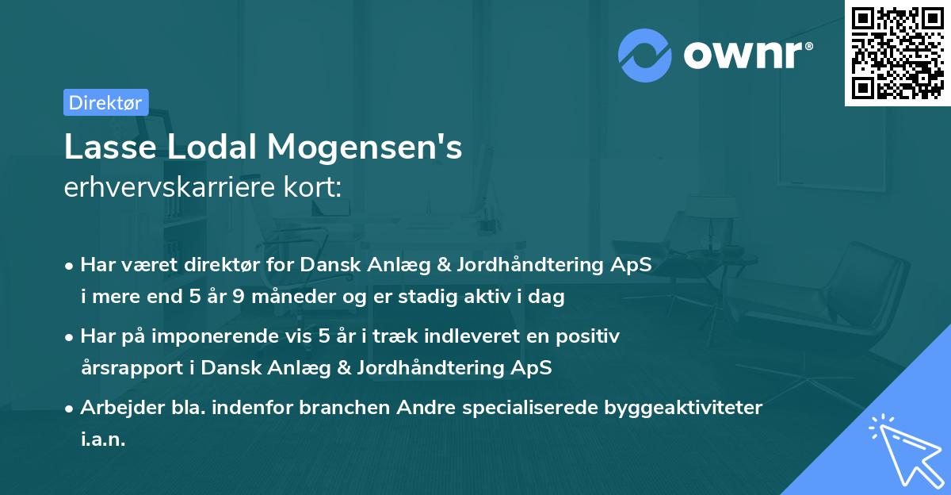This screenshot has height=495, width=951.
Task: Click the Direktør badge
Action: click(x=105, y=102)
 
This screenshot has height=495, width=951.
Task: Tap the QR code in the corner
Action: click(x=896, y=52)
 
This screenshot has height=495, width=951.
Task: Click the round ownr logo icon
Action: click(x=645, y=55)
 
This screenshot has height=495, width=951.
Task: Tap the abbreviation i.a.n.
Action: click(x=103, y=439)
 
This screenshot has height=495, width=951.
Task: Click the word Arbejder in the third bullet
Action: click(x=117, y=408)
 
